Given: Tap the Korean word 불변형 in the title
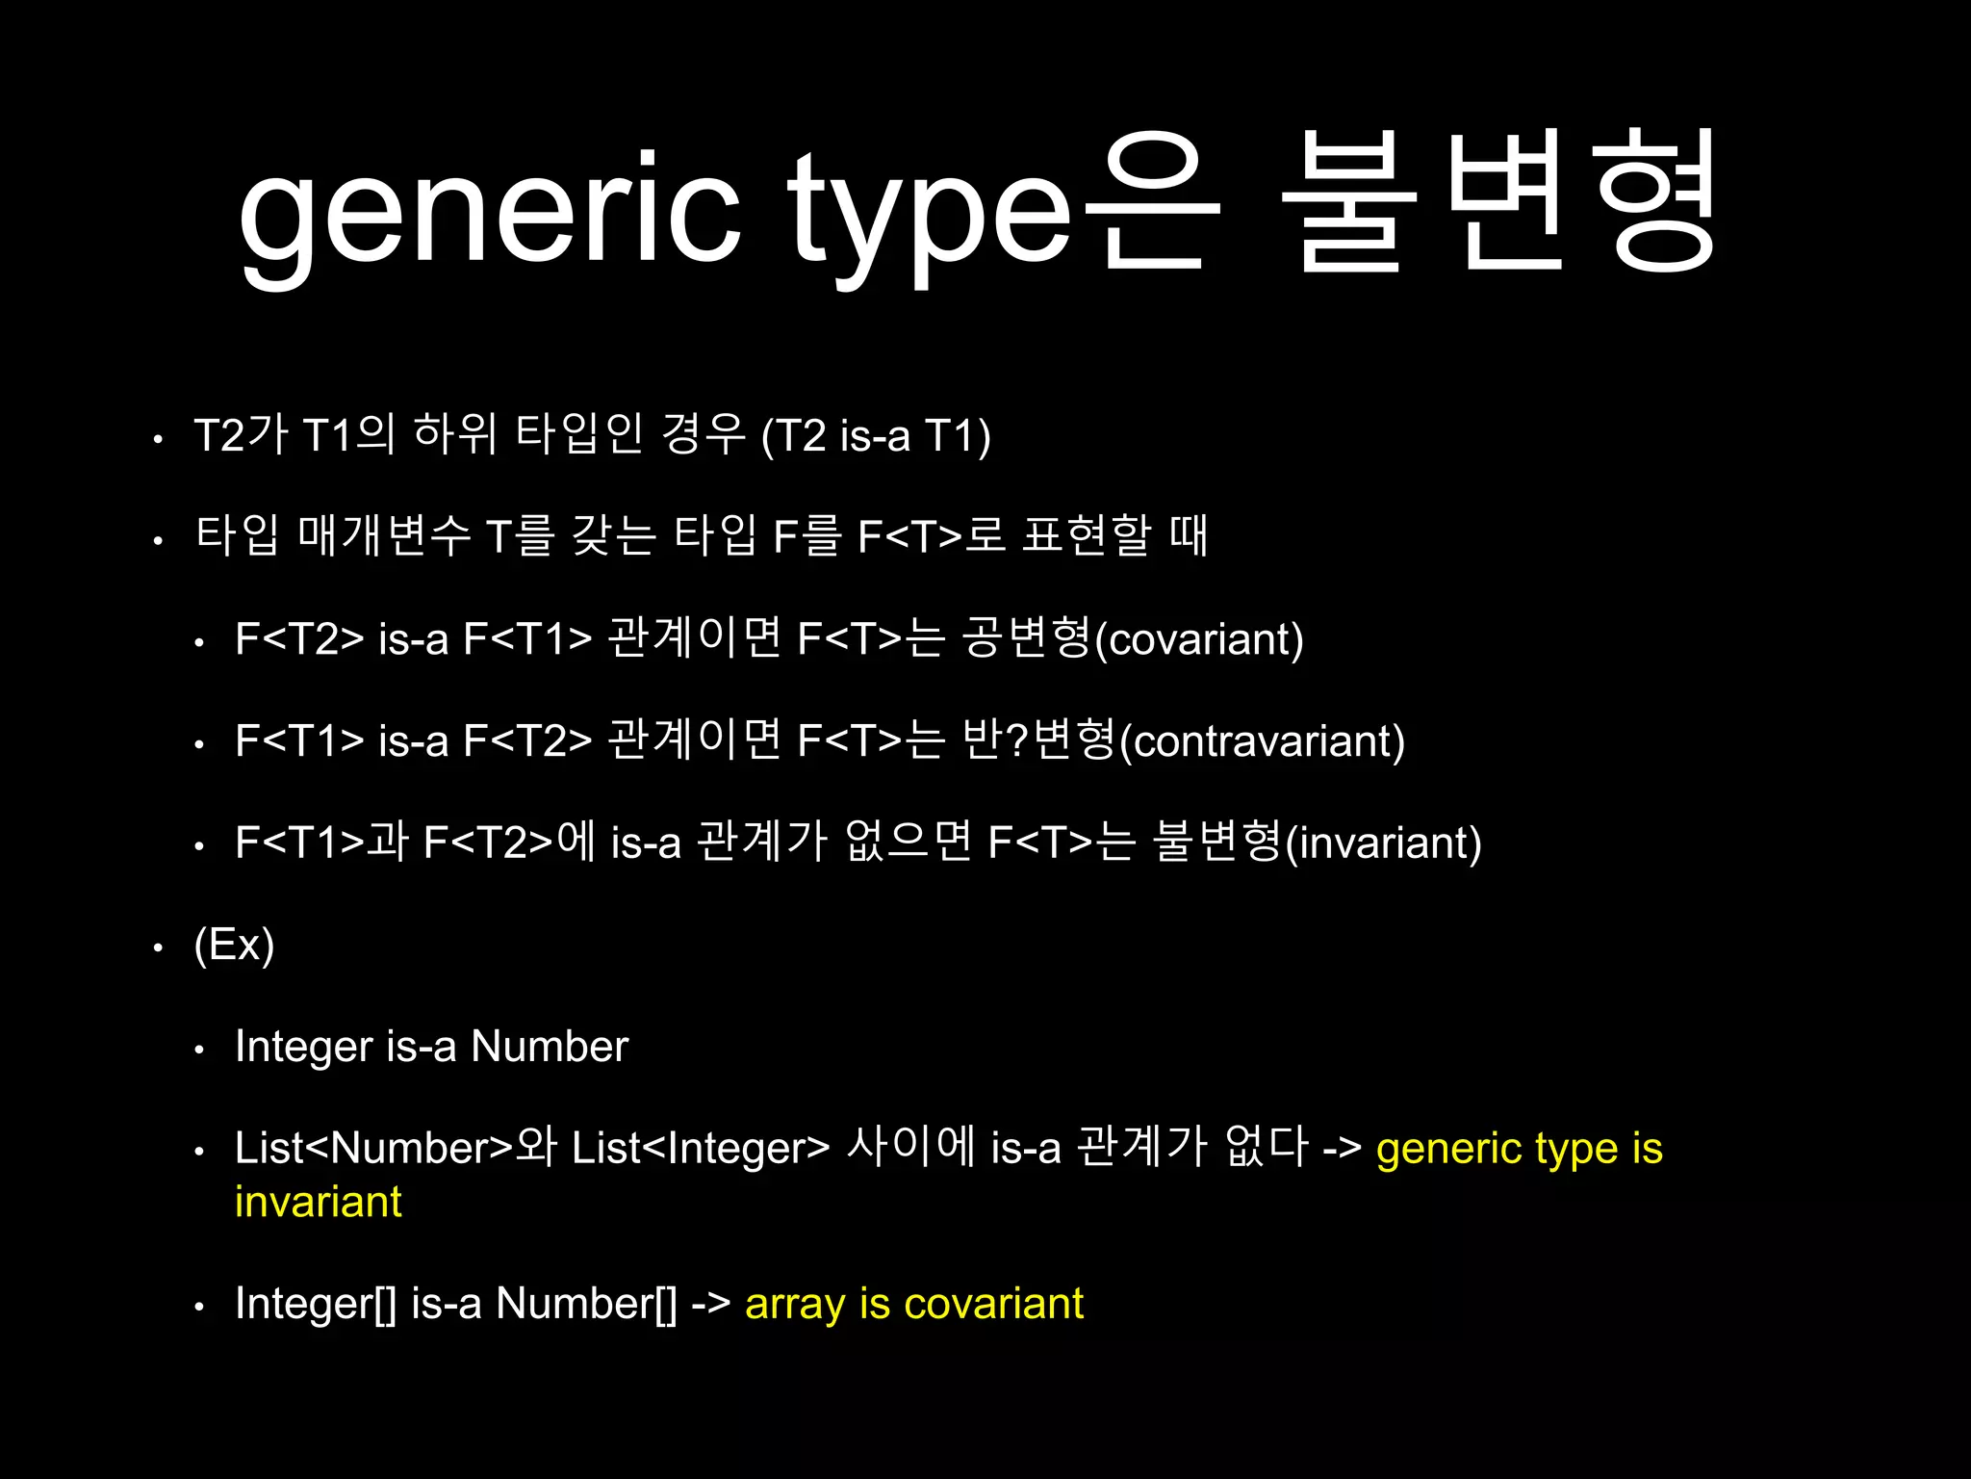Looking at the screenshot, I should point(1499,202).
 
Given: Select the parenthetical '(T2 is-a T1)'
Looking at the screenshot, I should point(875,435).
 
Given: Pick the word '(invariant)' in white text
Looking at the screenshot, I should point(1383,843).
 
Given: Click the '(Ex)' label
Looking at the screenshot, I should point(234,945).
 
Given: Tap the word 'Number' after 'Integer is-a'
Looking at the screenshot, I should point(549,1047).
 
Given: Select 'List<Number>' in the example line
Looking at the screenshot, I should point(374,1149).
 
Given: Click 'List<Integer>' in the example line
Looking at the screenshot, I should point(700,1149).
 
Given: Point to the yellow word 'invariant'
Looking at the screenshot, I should point(318,1202).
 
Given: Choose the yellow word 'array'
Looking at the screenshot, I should point(795,1305).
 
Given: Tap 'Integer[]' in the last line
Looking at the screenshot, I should point(316,1305).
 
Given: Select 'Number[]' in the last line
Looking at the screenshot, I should point(586,1305).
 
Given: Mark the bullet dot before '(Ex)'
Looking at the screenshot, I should point(159,947).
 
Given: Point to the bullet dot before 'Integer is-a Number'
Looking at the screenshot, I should point(199,1050).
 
